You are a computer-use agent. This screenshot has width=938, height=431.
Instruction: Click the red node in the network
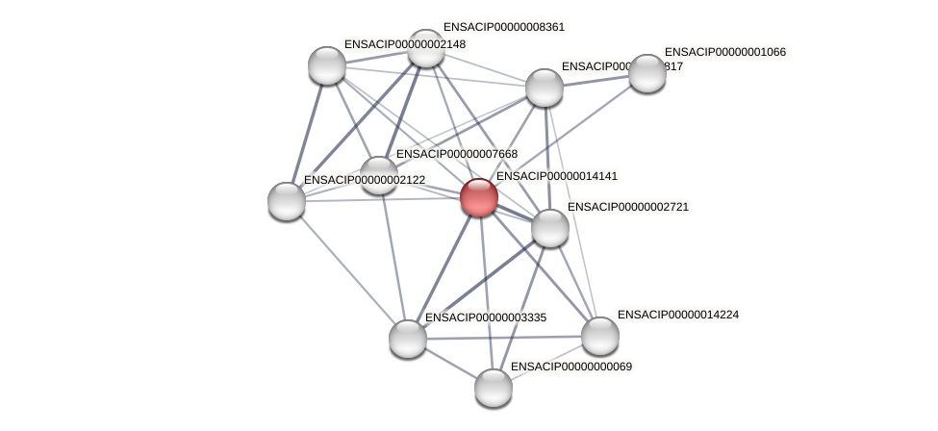478,197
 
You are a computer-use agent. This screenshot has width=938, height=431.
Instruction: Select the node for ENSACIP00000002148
327,65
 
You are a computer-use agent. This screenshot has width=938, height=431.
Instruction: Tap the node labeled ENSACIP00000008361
425,48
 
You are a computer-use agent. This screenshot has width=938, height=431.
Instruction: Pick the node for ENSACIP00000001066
646,73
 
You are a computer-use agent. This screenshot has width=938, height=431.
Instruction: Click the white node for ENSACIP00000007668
378,175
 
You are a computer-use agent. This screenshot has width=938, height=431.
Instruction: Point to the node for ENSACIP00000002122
287,200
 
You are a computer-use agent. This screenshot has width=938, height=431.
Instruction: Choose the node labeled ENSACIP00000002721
549,228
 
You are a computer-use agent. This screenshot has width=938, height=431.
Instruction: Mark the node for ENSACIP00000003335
408,338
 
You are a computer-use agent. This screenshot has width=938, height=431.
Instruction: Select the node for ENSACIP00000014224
599,336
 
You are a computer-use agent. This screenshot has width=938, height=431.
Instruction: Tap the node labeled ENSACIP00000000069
494,387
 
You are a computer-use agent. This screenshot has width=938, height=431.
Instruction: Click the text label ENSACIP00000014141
557,176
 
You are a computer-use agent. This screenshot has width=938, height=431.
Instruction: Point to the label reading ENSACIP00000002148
404,44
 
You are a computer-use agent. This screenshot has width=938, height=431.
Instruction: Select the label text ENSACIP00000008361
504,27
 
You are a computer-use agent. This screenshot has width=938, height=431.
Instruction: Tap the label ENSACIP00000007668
457,154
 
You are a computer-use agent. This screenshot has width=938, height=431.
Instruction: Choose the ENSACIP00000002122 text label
365,180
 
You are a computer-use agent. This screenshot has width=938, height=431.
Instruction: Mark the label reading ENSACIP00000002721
628,207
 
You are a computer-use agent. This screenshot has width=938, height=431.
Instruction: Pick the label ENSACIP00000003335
486,317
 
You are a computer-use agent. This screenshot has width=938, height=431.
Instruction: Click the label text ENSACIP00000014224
678,315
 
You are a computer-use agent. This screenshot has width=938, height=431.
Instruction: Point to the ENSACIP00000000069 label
571,367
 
